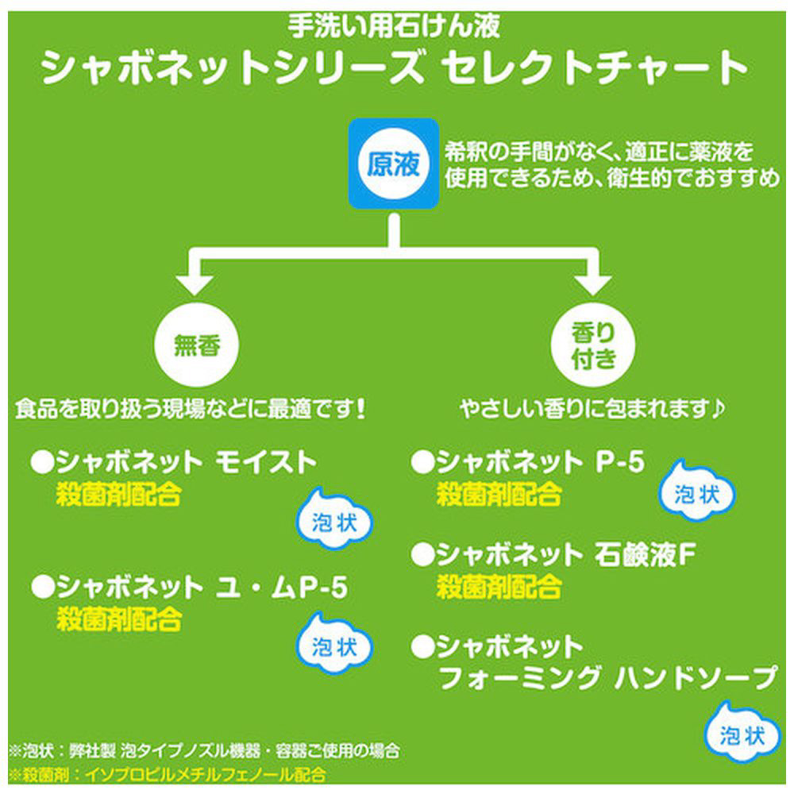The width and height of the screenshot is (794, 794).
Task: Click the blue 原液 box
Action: pos(393,164)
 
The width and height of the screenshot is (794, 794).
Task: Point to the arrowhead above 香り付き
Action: pos(593,283)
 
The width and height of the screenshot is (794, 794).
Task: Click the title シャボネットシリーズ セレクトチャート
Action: pos(395,68)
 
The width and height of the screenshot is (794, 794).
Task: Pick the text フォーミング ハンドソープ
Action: pos(607,679)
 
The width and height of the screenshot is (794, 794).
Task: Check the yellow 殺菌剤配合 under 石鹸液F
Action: pos(499,587)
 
